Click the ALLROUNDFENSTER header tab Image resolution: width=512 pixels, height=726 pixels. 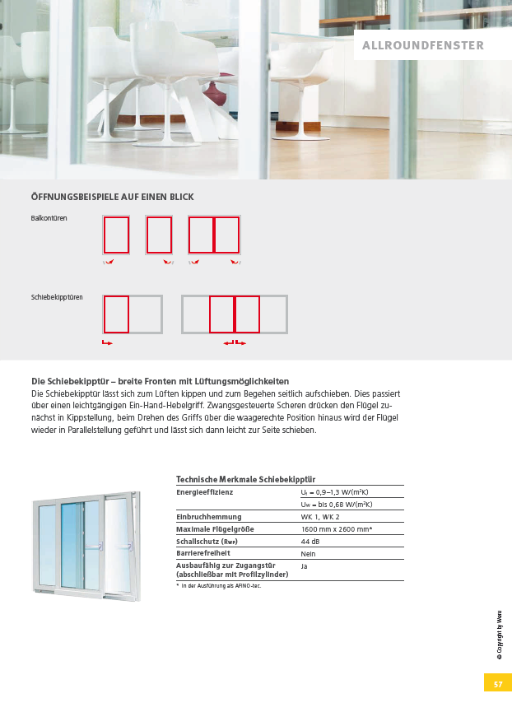[423, 46]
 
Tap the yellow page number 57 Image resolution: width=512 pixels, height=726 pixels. [497, 684]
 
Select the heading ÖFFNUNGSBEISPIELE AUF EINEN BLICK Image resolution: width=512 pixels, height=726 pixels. [112, 197]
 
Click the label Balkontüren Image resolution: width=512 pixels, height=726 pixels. [49, 219]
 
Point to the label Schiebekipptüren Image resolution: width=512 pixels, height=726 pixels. [57, 297]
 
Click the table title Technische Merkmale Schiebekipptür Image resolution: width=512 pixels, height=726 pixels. [246, 479]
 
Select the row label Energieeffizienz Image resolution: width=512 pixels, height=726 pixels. [205, 492]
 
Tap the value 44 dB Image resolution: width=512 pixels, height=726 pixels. [310, 542]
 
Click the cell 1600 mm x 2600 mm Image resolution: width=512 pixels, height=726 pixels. [337, 529]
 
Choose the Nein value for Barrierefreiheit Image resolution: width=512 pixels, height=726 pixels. [310, 554]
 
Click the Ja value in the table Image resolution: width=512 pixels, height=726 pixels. [304, 566]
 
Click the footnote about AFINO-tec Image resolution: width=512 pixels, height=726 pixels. [220, 586]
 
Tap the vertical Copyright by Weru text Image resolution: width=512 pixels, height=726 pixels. [498, 635]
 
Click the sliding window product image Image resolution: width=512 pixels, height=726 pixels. [86, 542]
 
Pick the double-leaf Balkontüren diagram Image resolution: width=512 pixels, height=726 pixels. [214, 235]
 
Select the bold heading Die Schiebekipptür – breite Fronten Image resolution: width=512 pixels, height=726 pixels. [160, 382]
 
